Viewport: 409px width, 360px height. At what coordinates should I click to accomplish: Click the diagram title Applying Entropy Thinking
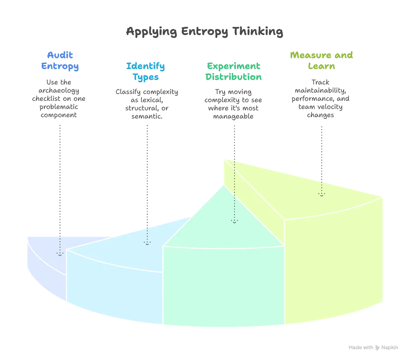204,33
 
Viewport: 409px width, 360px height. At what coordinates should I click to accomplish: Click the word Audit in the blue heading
60,56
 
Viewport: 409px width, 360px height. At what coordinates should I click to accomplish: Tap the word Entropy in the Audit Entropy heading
60,66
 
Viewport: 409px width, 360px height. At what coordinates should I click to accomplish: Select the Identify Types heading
145,72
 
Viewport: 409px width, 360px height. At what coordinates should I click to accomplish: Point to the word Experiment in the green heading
234,66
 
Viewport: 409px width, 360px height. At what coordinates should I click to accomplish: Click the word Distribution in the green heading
234,77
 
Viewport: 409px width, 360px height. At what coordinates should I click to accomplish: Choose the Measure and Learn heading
322,61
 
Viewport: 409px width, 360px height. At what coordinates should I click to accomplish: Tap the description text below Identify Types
145,103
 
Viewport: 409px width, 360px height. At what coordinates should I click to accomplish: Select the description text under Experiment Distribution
234,103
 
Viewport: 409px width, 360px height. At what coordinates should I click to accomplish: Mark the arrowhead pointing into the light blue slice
147,243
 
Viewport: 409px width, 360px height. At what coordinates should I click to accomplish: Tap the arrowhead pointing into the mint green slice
234,221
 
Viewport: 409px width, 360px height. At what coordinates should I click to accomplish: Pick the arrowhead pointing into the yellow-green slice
322,195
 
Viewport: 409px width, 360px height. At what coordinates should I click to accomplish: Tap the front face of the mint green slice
223,286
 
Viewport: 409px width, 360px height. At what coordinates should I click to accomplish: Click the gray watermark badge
374,348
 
